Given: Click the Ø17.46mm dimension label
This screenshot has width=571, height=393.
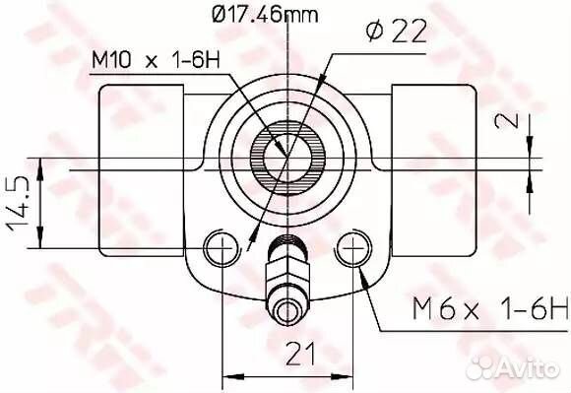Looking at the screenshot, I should pyautogui.click(x=264, y=15).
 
